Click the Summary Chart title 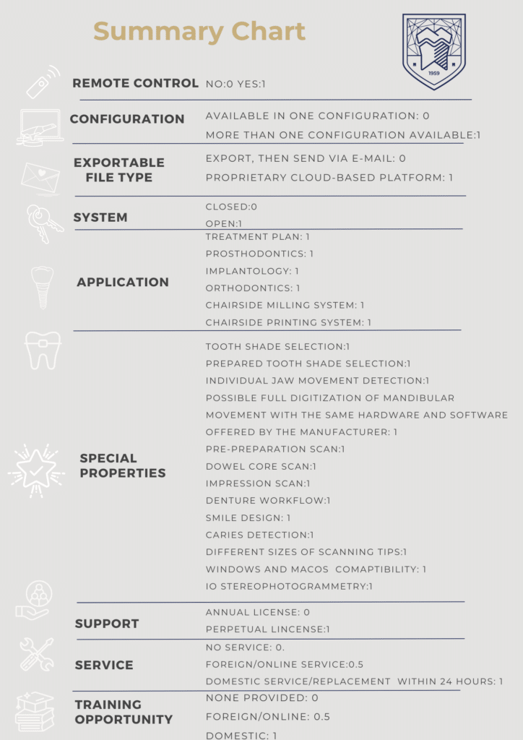[x=199, y=32]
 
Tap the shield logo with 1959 [x=433, y=51]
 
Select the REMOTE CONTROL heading [x=135, y=83]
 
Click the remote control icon [x=41, y=82]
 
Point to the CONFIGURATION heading [x=127, y=119]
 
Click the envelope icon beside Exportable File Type [x=40, y=177]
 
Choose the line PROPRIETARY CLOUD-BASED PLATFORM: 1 [x=329, y=178]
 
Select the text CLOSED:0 [x=231, y=207]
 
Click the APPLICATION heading [x=123, y=282]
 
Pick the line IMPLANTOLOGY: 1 [x=252, y=271]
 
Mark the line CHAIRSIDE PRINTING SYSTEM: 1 [x=288, y=322]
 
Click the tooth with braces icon [x=40, y=349]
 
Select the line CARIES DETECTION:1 [x=259, y=535]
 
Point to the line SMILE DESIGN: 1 [x=248, y=518]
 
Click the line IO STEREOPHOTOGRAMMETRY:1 [x=289, y=586]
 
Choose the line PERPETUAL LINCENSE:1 [x=267, y=629]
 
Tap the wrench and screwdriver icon [x=36, y=654]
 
